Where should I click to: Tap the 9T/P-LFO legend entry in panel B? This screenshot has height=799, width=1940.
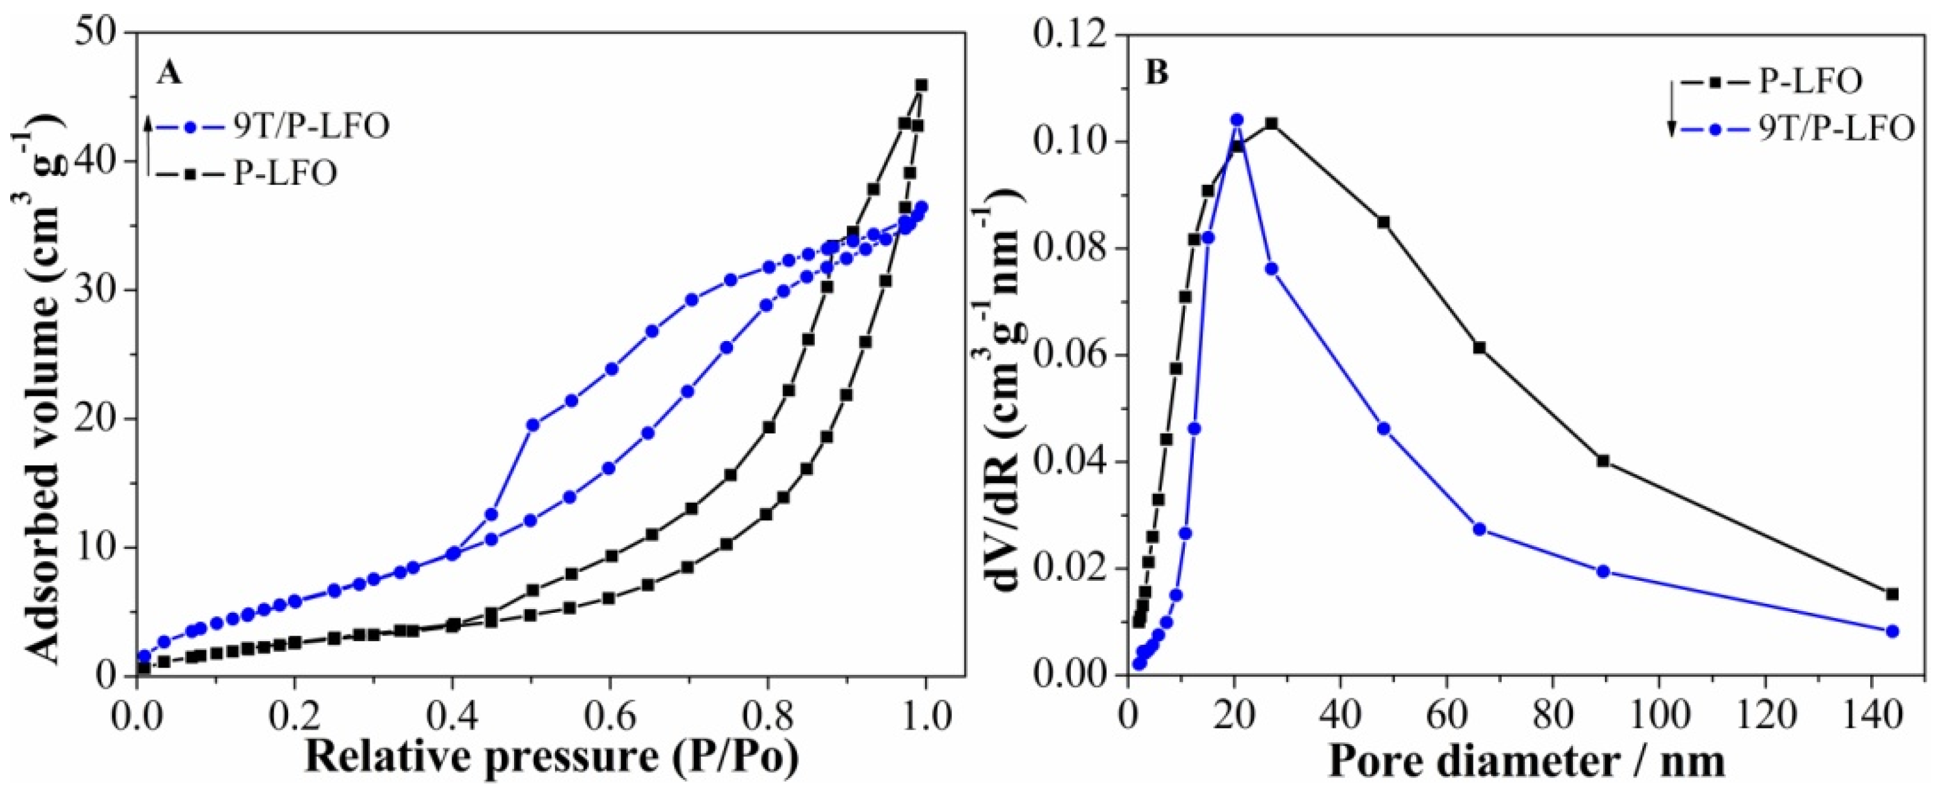coord(1822,130)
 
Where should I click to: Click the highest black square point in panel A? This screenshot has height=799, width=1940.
coord(920,85)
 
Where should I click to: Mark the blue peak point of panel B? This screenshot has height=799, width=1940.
coord(1237,120)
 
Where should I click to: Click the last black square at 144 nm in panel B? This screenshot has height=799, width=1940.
coord(1892,594)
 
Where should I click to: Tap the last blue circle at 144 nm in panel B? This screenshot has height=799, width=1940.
coord(1892,631)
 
